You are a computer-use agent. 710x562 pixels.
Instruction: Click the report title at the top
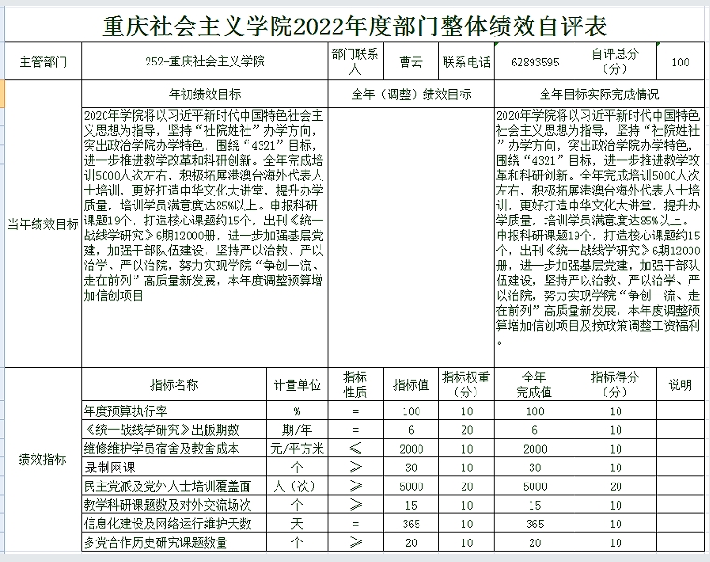[x=354, y=25]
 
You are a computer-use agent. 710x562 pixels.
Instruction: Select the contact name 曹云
[x=411, y=63]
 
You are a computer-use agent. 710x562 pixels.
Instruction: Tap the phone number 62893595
[x=535, y=63]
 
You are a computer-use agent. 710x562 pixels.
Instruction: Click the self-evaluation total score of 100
[x=681, y=63]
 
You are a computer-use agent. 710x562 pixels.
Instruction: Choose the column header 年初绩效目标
[x=205, y=94]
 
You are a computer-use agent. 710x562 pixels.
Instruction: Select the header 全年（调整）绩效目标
[x=410, y=94]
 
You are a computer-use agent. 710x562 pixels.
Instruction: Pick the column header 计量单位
[x=297, y=384]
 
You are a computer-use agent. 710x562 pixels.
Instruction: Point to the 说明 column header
[x=681, y=384]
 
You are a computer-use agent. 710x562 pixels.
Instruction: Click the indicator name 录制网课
[x=110, y=467]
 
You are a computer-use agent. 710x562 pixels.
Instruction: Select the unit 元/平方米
[x=297, y=448]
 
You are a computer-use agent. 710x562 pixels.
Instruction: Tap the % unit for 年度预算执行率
[x=297, y=411]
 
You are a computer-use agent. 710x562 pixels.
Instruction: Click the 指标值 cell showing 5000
[x=411, y=486]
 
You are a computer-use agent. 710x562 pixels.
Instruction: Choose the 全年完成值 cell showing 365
[x=535, y=524]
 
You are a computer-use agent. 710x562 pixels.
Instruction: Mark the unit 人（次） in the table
[x=297, y=486]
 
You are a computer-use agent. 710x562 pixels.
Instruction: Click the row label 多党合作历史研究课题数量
[x=155, y=542]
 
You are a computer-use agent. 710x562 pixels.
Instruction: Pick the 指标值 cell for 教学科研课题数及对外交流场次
[x=411, y=505]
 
